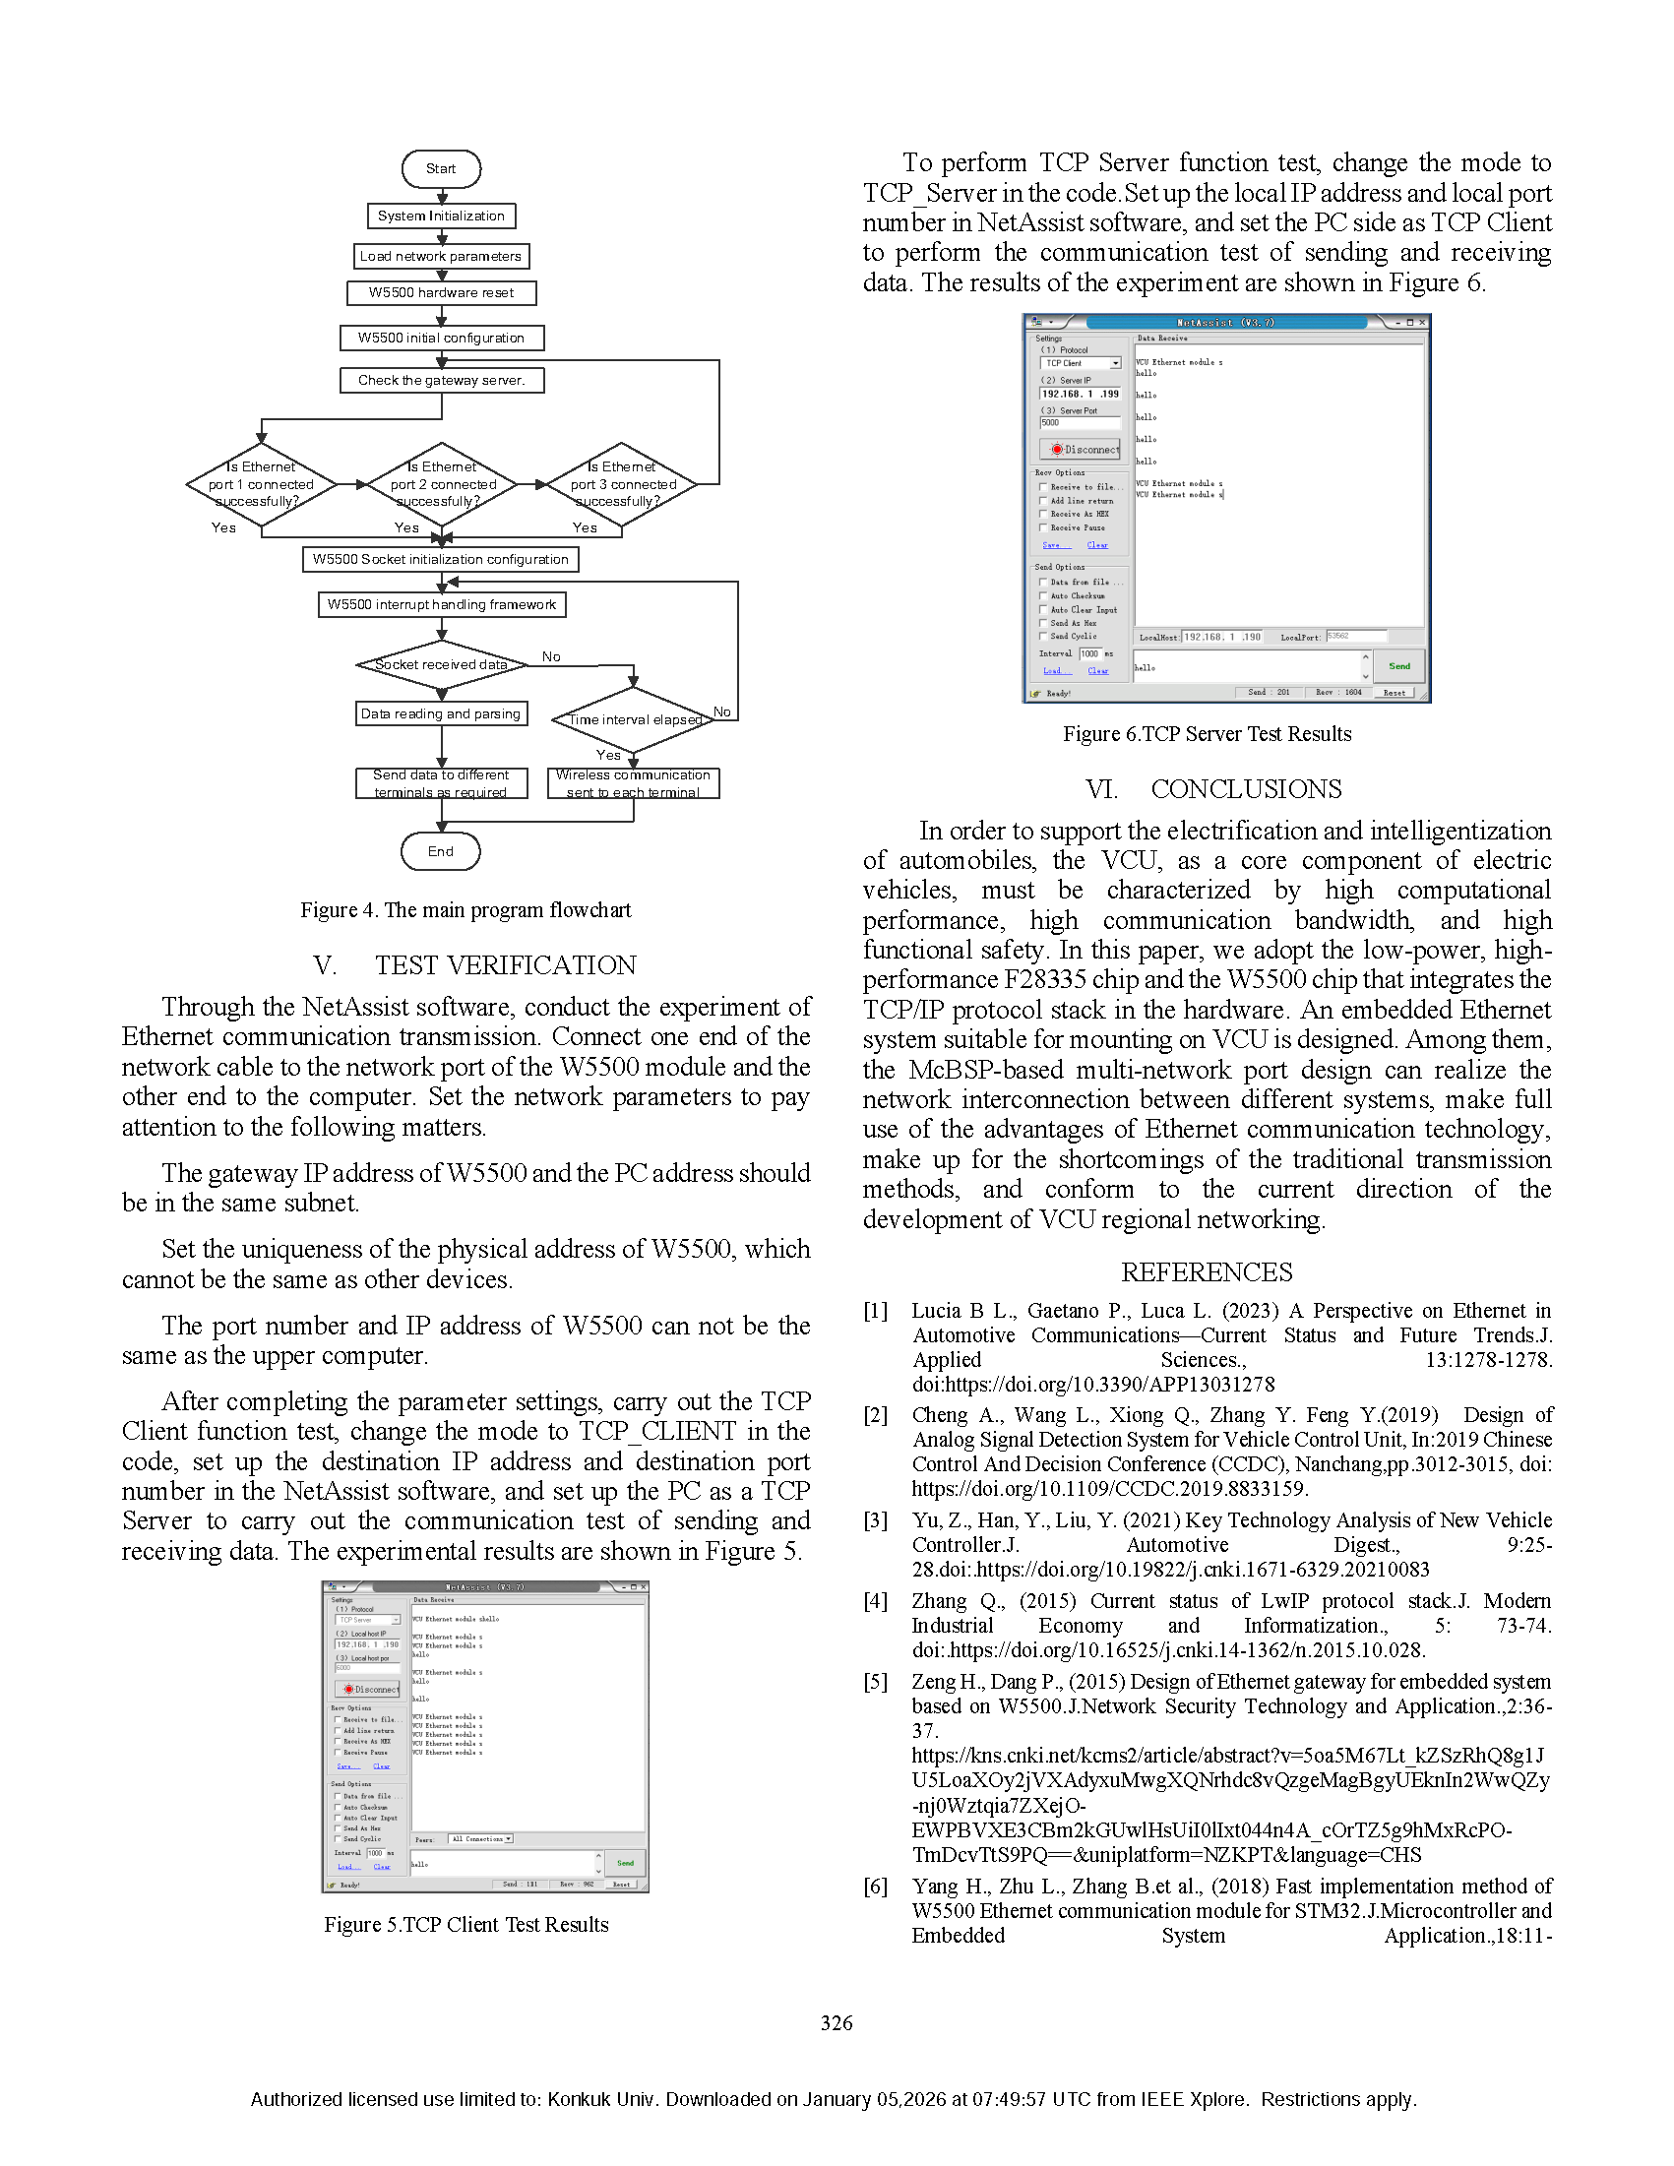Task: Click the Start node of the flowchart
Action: [x=440, y=168]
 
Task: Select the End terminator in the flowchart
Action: [x=440, y=852]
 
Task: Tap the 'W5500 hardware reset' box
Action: [x=441, y=292]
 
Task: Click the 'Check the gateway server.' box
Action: [x=441, y=380]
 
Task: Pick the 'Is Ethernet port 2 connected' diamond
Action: [x=442, y=485]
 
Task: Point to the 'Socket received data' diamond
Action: [x=441, y=664]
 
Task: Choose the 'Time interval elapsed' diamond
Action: [x=634, y=720]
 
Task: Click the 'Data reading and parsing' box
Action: [x=440, y=714]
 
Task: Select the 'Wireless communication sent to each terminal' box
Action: [x=633, y=783]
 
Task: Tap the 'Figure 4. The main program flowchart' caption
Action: [x=465, y=910]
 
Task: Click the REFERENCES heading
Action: [x=1206, y=1272]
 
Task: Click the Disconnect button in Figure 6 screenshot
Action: [x=1080, y=450]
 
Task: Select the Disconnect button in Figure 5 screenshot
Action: [x=369, y=1689]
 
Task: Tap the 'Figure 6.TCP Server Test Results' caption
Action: [x=1206, y=734]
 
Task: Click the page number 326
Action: [x=836, y=2023]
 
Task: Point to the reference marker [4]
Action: [x=875, y=1601]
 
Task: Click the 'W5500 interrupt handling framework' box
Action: [x=441, y=605]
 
